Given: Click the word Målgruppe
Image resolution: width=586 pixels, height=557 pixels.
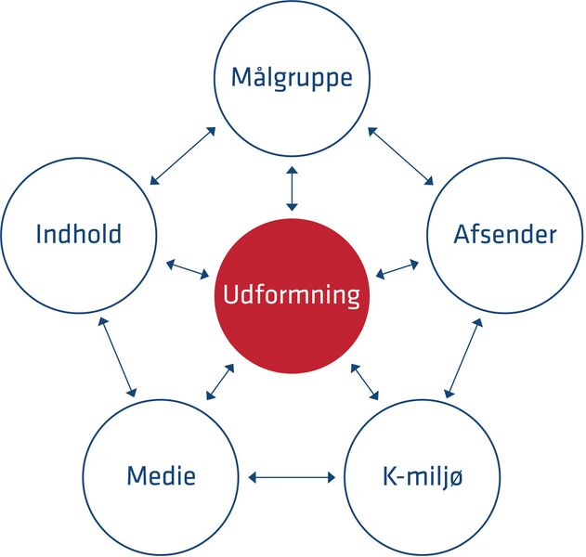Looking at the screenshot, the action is pos(292,79).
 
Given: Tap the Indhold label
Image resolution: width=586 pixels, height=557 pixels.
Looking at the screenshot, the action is pos(79,234).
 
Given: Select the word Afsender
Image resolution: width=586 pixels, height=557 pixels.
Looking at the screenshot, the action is pos(505,234).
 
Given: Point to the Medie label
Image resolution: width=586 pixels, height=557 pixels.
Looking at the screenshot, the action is pos(161,475).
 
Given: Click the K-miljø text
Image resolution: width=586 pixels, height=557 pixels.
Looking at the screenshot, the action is pos(423,477).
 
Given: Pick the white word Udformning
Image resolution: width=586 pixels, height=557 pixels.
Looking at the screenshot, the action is pos(292,295).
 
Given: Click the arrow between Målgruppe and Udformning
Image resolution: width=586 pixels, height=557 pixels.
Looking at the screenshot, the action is pos(293,188).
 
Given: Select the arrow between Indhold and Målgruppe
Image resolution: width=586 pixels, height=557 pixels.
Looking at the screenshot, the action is pos(183,156).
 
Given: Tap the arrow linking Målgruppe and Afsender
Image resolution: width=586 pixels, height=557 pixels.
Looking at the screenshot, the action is pos(400,156).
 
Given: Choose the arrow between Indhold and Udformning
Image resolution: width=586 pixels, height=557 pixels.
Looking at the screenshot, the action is pos(188,270).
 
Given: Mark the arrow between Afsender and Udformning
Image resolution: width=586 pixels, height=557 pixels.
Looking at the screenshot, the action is pos(397,269).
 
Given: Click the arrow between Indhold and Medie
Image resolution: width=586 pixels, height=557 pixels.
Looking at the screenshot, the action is pos(117,357).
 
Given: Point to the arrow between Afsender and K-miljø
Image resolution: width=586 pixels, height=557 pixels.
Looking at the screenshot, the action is pos(463,358).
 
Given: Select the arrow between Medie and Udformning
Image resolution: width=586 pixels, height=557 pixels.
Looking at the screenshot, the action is pos(220,382).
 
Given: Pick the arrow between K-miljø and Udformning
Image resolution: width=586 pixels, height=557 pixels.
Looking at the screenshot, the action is pos(365,382).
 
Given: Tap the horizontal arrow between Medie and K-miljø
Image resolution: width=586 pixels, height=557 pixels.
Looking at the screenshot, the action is pos(292,477).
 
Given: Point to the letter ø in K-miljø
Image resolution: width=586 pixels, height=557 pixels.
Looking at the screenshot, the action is pos(454,478).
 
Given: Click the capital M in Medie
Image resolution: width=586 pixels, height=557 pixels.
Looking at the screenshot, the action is pos(137,475).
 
